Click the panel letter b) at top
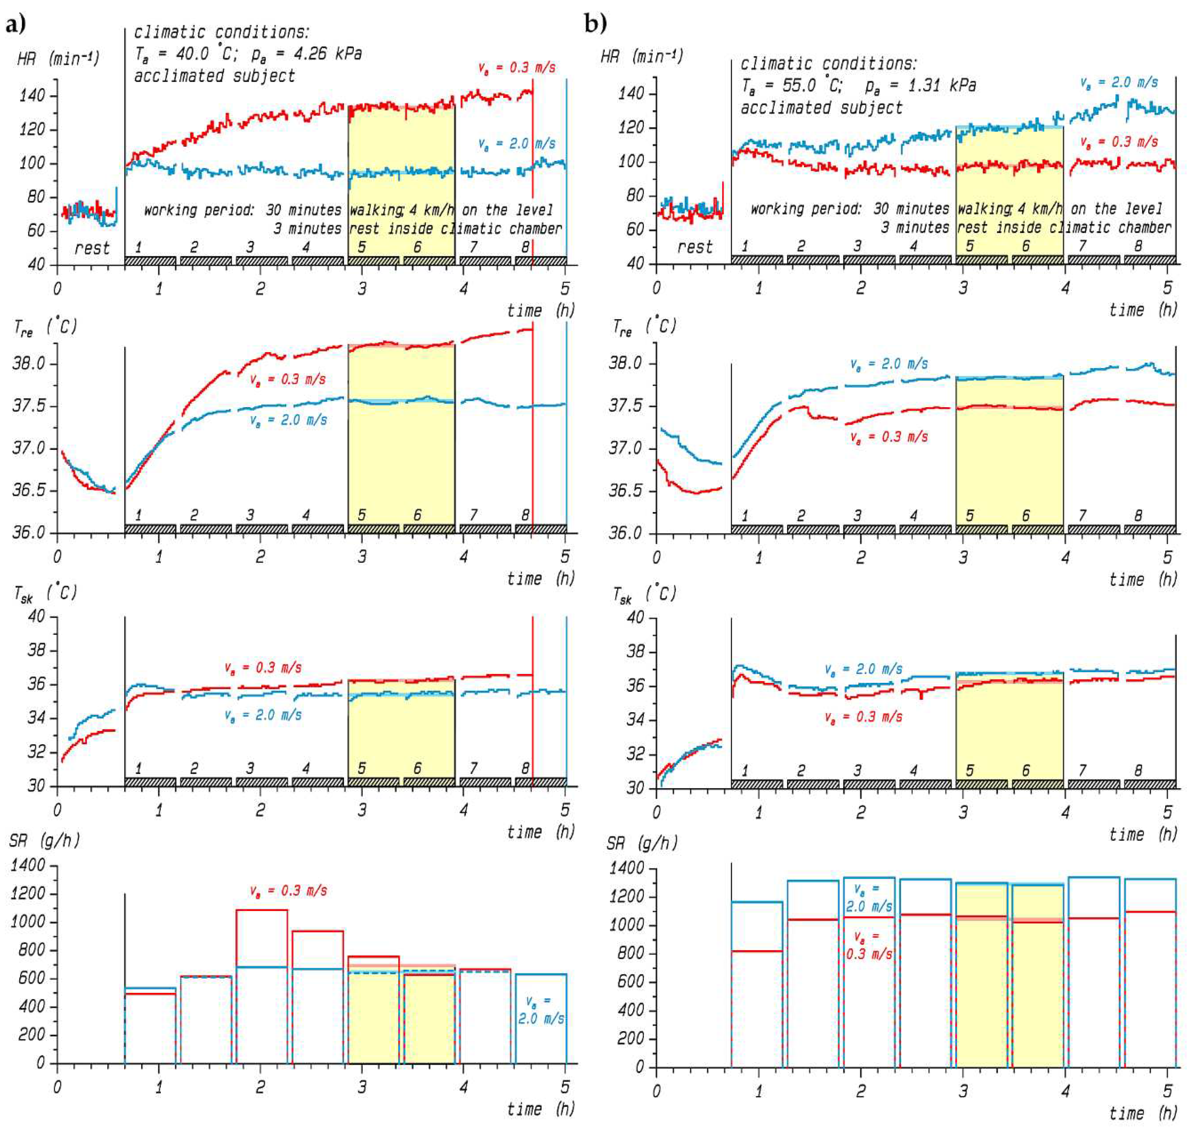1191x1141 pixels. coord(595,24)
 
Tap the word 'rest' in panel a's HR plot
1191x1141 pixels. coord(92,248)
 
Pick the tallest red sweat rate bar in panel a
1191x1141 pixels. coord(261,910)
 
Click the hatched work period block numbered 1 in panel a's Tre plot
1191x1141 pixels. coord(150,528)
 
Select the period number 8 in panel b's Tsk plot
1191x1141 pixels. coord(1138,770)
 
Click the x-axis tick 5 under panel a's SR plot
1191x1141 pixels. coord(565,1086)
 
